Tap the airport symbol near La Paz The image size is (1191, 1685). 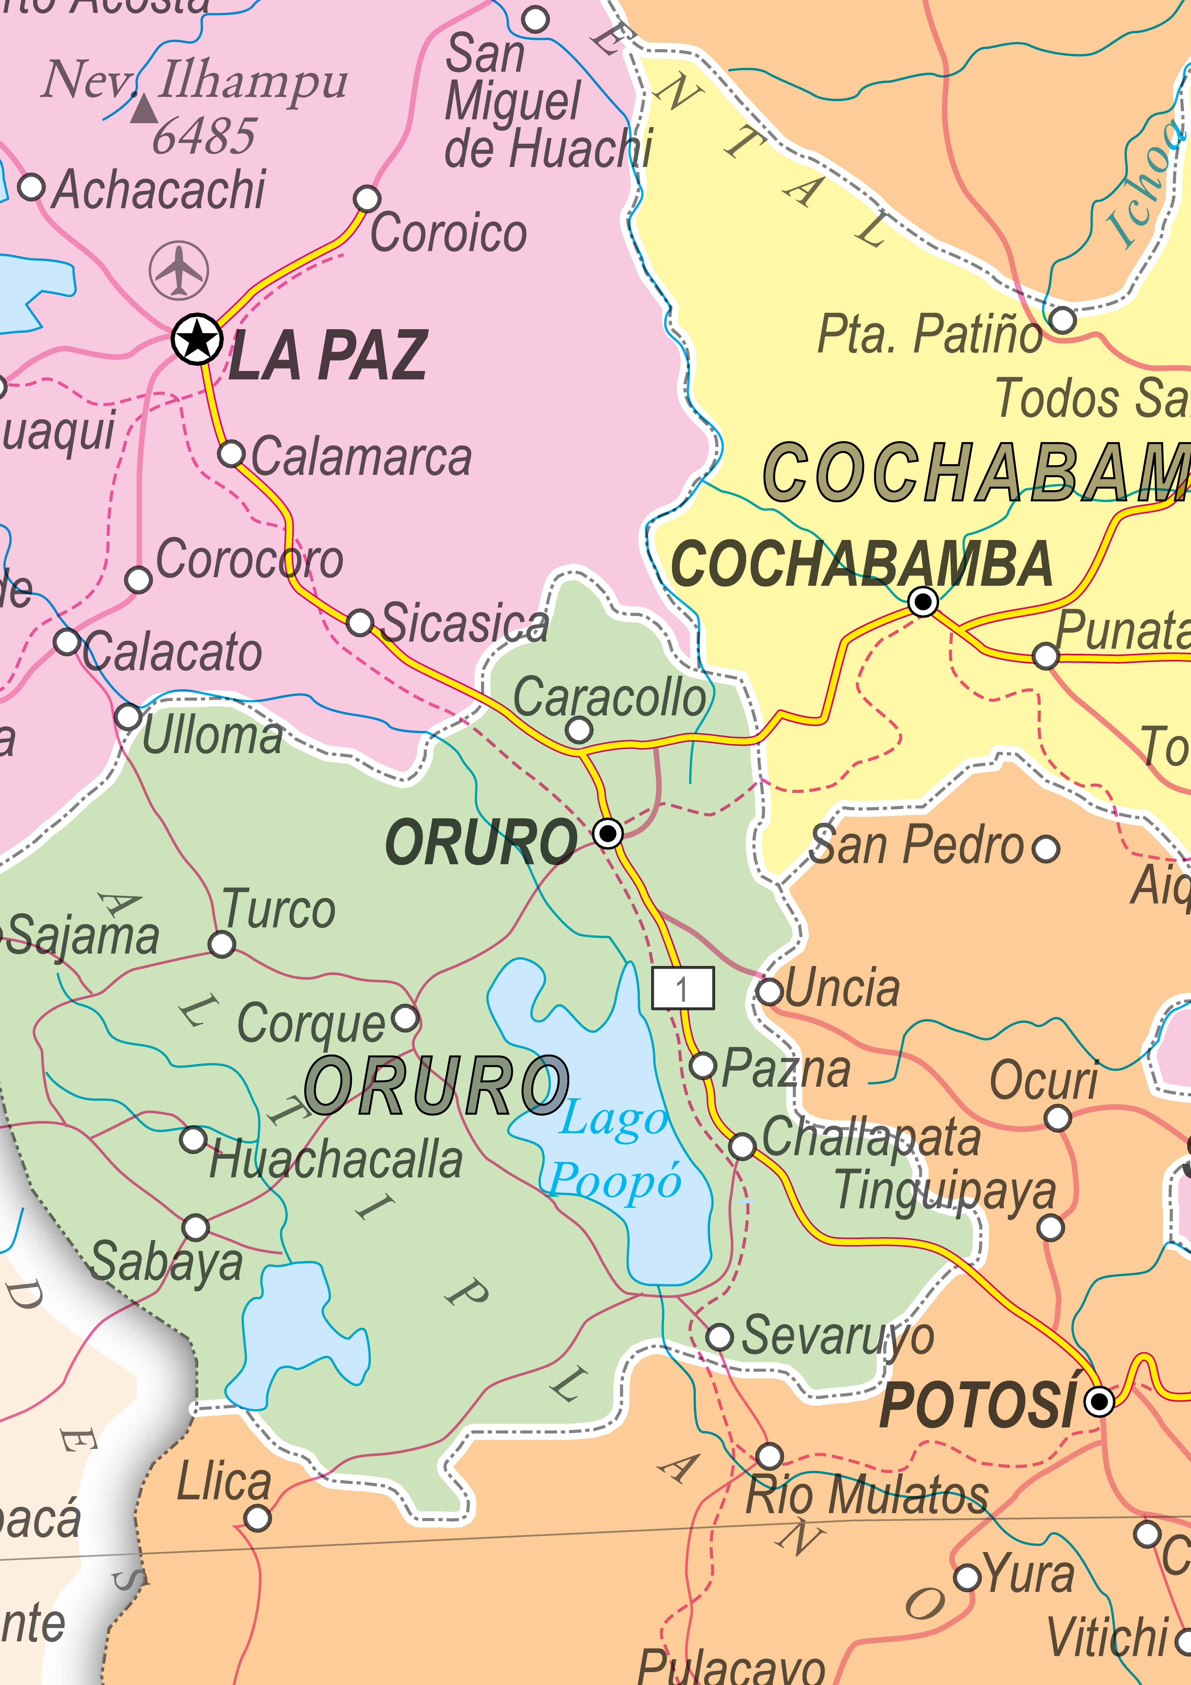pos(178,269)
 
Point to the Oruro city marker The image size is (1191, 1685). pos(608,833)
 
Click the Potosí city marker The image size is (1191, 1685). pos(1098,1402)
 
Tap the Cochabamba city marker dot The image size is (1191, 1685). pos(922,602)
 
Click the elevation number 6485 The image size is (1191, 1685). pos(204,137)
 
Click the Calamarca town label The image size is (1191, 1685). pos(361,456)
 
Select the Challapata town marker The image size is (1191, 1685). pos(743,1145)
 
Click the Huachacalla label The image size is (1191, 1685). pos(336,1160)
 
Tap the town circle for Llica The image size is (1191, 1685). pos(257,1518)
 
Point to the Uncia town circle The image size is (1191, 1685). pos(769,991)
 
